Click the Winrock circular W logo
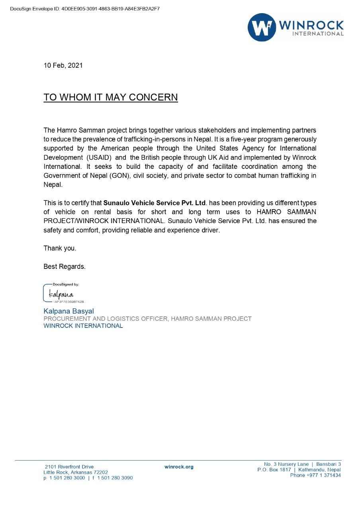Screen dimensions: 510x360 [262, 27]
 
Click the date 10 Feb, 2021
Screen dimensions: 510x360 [63, 65]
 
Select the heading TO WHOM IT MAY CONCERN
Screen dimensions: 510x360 [111, 98]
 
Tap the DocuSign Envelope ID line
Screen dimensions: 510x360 [85, 8]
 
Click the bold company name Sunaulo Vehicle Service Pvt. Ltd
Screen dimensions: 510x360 [155, 203]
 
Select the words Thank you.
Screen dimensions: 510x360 [60, 248]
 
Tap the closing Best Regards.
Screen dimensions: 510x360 [65, 267]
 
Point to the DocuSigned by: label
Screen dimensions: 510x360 [66, 284]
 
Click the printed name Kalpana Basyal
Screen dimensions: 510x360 [68, 311]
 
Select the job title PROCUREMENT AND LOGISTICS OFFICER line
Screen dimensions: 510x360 [147, 319]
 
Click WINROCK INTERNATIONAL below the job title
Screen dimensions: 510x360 [83, 326]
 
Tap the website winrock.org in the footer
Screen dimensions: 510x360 [179, 467]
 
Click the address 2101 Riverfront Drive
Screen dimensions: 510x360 [69, 467]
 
